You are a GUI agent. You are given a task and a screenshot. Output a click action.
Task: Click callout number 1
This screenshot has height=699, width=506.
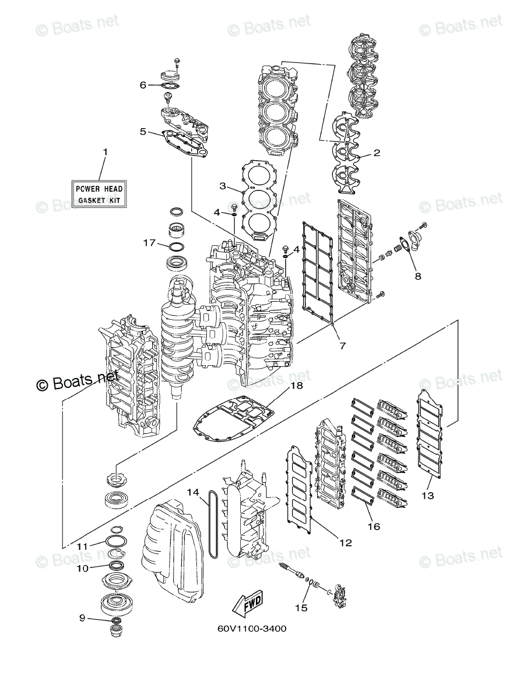click(106, 152)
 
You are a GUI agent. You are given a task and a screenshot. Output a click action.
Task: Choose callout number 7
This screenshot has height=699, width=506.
click(342, 345)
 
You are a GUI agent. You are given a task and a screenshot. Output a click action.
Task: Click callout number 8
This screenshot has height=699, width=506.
click(417, 276)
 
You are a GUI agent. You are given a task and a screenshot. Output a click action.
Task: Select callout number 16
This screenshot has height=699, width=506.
click(373, 526)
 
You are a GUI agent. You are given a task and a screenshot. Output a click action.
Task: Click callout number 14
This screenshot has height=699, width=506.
click(192, 492)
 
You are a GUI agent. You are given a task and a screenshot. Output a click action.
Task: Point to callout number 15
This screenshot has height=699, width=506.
click(300, 608)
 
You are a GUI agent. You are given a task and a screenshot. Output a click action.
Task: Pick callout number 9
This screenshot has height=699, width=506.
click(82, 619)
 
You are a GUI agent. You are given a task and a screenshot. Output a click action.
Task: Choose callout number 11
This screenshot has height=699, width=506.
click(82, 546)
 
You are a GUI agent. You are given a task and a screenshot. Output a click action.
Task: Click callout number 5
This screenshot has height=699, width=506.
click(143, 132)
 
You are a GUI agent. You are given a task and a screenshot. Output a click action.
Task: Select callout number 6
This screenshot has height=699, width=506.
click(143, 85)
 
